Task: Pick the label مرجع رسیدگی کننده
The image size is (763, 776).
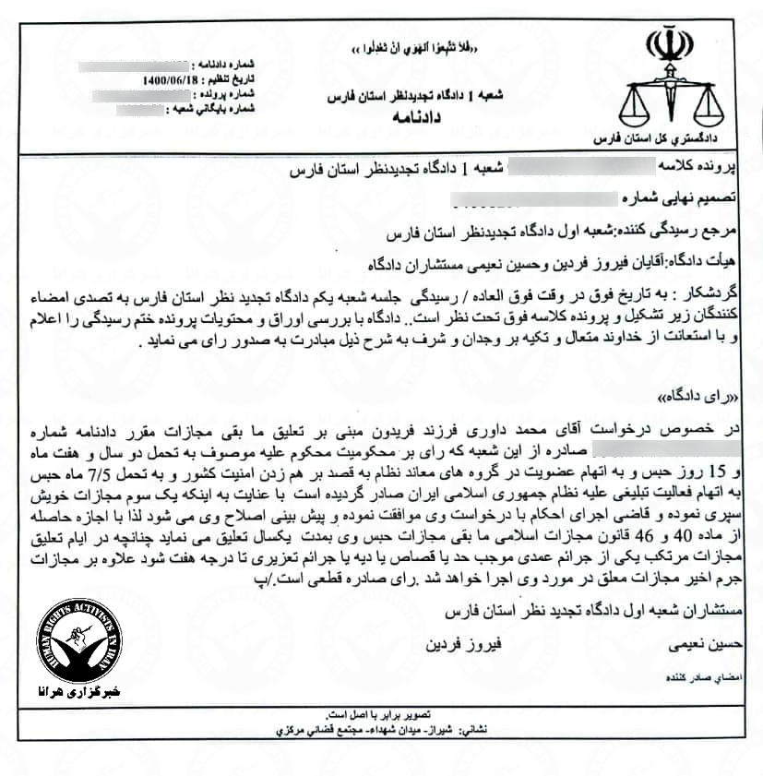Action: point(704,224)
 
